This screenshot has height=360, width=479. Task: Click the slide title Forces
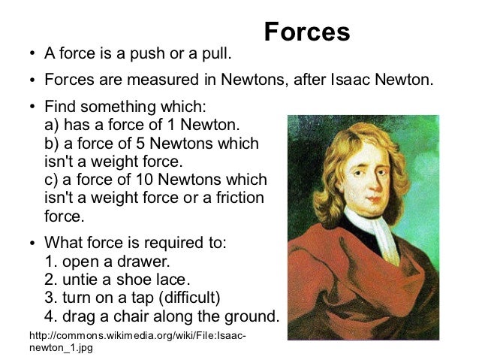(x=307, y=32)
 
